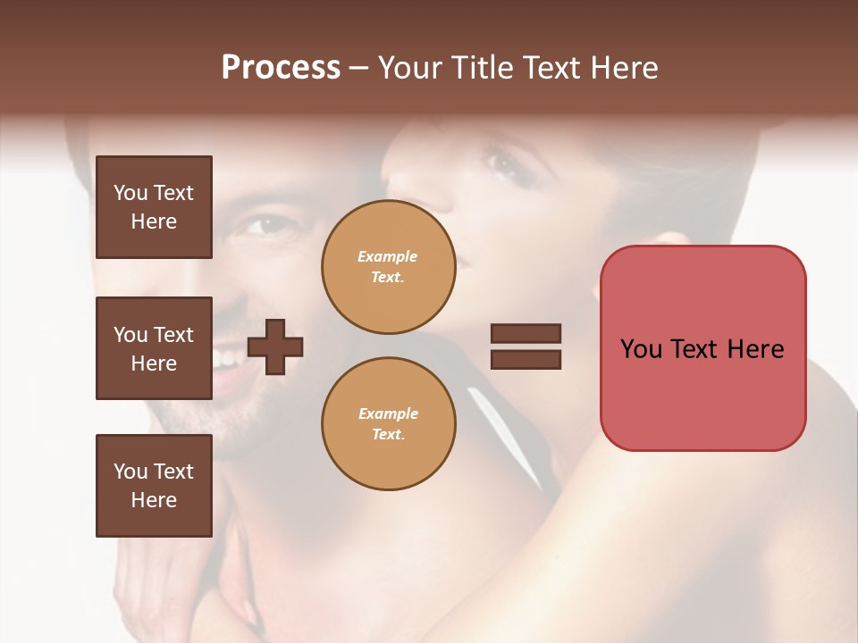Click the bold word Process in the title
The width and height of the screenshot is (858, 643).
pos(281,67)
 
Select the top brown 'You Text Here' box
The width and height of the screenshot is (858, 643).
pos(154,207)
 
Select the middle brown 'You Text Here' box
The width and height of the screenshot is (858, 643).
pos(154,348)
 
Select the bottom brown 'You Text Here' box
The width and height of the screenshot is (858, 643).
pos(154,485)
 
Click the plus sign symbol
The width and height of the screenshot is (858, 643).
pos(275,347)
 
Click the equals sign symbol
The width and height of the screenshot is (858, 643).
pos(526,347)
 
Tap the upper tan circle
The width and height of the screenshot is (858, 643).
pos(389,267)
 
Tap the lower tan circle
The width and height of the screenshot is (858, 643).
pos(389,424)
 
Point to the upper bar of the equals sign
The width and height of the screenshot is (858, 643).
pos(526,334)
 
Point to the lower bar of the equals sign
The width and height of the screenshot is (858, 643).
pos(526,359)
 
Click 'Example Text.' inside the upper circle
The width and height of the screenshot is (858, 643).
pos(388,267)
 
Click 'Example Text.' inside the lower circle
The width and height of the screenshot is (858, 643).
pos(388,424)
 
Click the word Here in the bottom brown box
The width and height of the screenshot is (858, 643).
pos(154,500)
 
